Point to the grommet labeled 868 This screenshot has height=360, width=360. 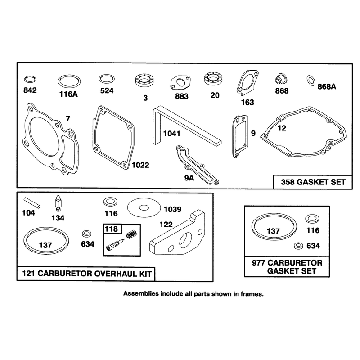(x=281, y=80)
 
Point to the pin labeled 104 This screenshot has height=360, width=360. (x=32, y=203)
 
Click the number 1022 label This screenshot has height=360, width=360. (x=140, y=165)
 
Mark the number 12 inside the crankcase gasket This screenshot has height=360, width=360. (x=282, y=128)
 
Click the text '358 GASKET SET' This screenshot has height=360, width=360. (x=313, y=182)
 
